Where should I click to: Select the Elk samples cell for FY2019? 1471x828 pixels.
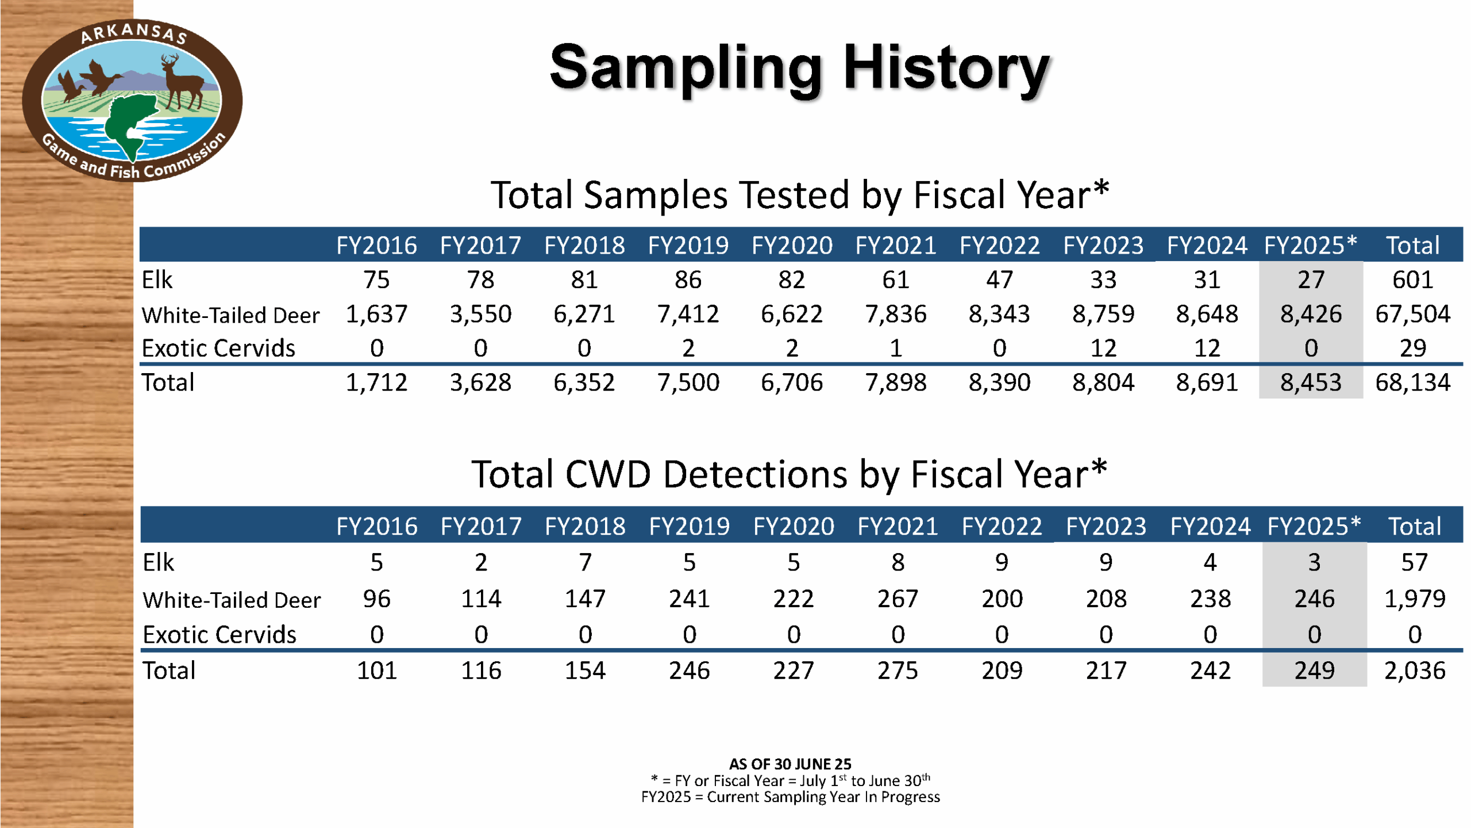pos(688,280)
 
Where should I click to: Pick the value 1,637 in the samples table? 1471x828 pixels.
pos(376,314)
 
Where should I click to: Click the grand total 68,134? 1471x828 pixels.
pos(1412,382)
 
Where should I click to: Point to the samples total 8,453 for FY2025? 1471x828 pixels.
pos(1311,382)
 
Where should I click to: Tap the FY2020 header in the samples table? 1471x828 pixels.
pos(792,246)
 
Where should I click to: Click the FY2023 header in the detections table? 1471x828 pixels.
pos(1106,526)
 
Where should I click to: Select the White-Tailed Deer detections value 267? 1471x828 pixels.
pos(898,599)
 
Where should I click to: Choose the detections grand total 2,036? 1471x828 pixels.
pos(1414,670)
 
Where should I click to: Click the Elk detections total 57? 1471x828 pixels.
pos(1414,562)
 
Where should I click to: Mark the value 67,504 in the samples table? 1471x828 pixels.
pos(1412,314)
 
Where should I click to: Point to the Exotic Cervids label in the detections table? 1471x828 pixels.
pos(220,635)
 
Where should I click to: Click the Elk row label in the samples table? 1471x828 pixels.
pos(157,280)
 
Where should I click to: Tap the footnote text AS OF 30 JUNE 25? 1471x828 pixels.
pos(790,764)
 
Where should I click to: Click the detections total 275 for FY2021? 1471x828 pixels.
pos(898,670)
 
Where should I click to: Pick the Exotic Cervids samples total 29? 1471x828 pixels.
pos(1412,348)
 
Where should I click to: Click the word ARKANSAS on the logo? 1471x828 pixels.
pos(133,33)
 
